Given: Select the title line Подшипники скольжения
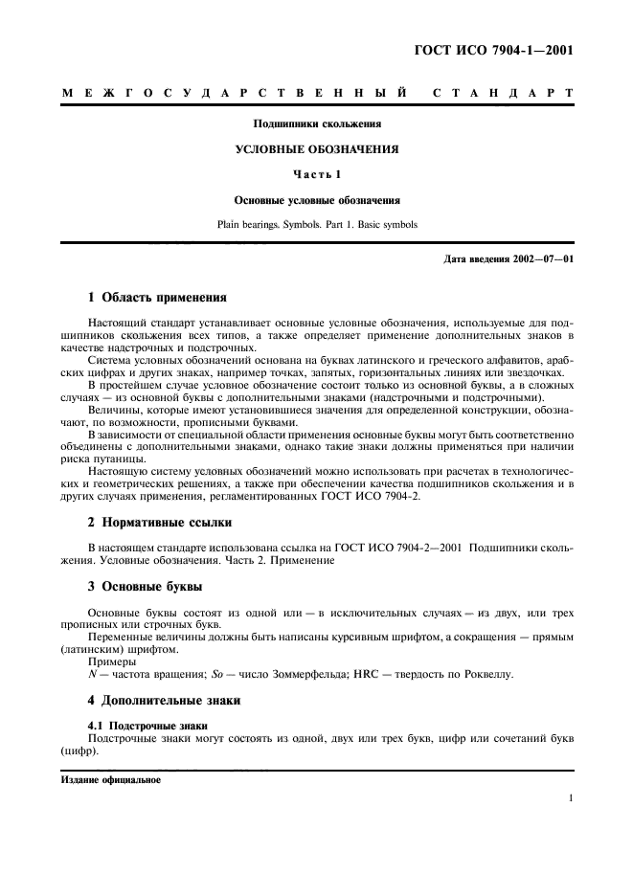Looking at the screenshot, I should (317, 124).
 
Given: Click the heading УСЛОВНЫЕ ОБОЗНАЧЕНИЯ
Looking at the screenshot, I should (317, 150).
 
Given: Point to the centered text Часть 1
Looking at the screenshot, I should (317, 175).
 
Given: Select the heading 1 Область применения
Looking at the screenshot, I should (157, 297).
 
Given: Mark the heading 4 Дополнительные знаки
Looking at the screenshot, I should (164, 701).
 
